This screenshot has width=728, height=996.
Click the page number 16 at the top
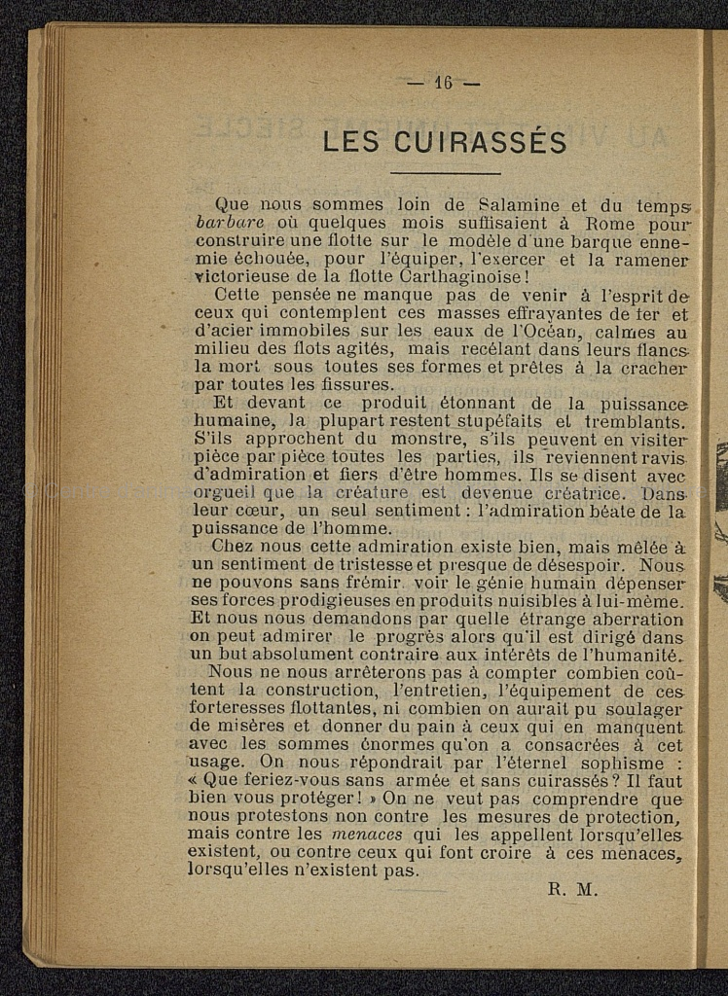[x=444, y=83]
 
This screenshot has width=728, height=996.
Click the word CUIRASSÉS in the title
[x=482, y=143]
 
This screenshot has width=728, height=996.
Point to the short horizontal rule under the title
[x=445, y=173]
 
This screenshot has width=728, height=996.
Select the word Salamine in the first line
[x=520, y=205]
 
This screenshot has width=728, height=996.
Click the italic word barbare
[x=230, y=223]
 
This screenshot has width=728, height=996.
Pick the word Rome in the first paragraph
[x=610, y=223]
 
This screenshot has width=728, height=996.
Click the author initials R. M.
[x=573, y=888]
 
